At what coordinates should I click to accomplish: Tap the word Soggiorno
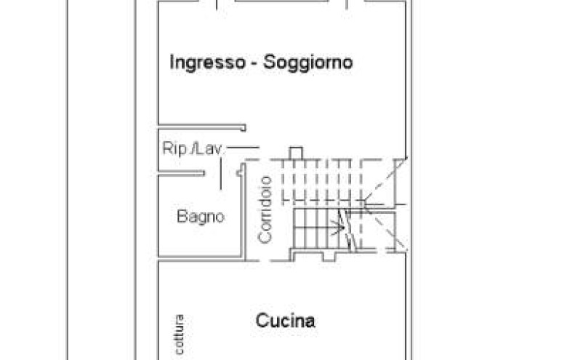pyautogui.click(x=308, y=63)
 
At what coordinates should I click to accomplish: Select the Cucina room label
pyautogui.click(x=286, y=321)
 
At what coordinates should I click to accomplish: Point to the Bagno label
pyautogui.click(x=201, y=217)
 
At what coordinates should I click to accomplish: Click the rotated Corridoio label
pyautogui.click(x=265, y=209)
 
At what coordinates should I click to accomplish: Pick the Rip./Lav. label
pyautogui.click(x=192, y=149)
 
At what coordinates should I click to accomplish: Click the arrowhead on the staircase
pyautogui.click(x=339, y=228)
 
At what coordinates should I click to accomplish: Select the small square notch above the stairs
pyautogui.click(x=295, y=153)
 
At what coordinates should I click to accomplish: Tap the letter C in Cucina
pyautogui.click(x=261, y=321)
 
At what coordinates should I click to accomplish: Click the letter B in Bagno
pyautogui.click(x=182, y=217)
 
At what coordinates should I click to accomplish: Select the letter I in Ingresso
pyautogui.click(x=172, y=62)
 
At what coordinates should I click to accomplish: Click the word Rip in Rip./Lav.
pyautogui.click(x=174, y=149)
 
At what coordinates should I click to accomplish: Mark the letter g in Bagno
pyautogui.click(x=199, y=218)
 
